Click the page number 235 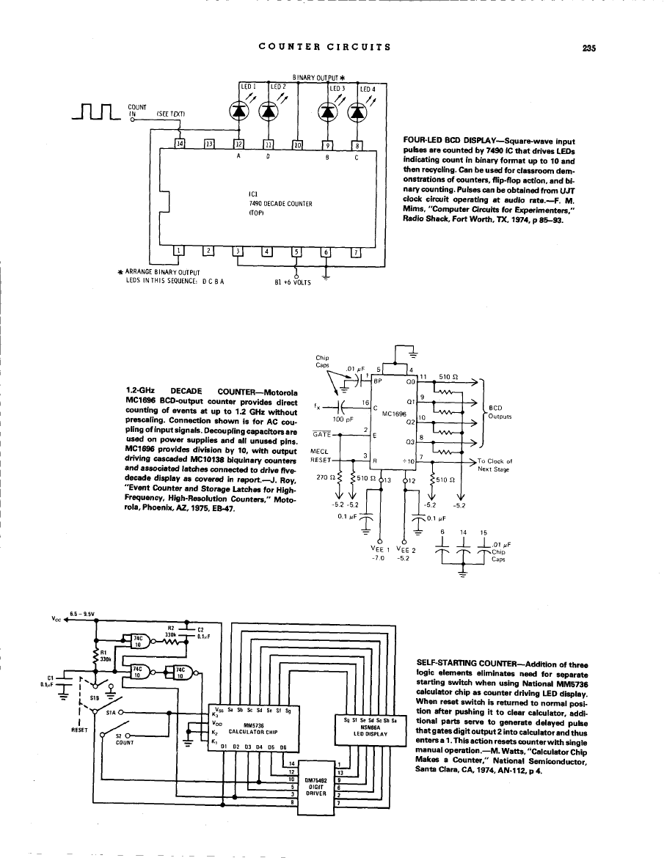[588, 48]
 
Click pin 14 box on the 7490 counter [180, 144]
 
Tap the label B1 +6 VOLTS [292, 281]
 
